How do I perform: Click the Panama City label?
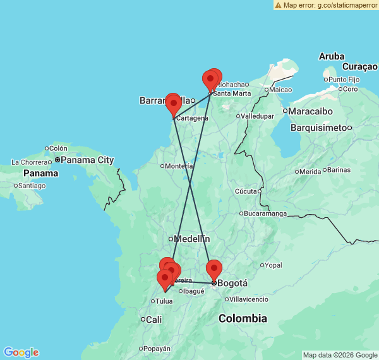(87, 160)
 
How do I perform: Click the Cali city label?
(153, 320)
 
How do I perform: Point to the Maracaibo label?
(311, 111)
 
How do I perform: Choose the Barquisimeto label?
(320, 127)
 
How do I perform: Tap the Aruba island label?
(332, 56)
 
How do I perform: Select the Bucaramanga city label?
(265, 213)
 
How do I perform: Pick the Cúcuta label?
(246, 191)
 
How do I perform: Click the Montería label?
(179, 166)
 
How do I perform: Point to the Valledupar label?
(259, 116)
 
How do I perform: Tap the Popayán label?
(157, 349)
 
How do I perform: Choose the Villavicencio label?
(253, 299)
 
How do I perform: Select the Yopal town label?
(273, 265)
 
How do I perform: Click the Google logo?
(21, 352)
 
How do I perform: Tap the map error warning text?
(329, 5)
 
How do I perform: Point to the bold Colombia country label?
(243, 318)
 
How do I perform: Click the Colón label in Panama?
(57, 148)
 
